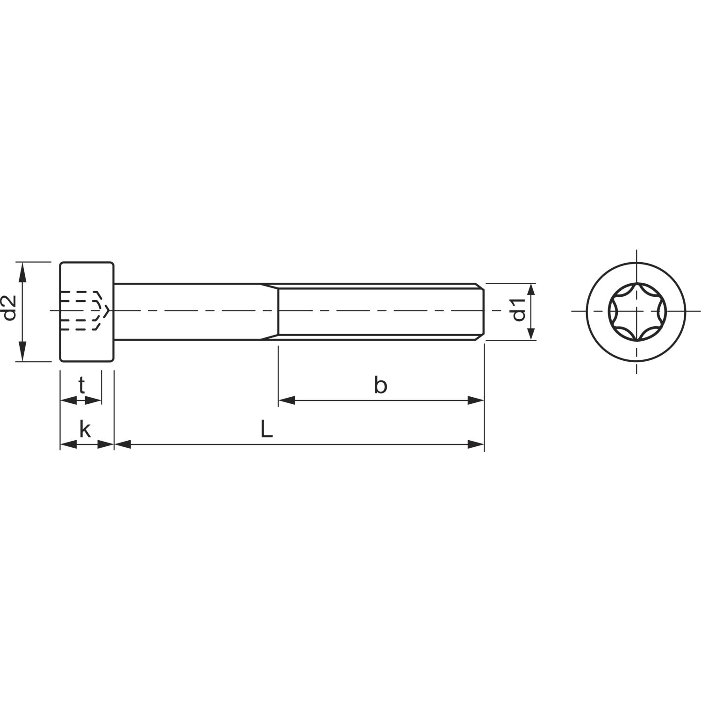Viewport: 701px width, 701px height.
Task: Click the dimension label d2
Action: click(10, 308)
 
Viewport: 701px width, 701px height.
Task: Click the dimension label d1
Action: click(519, 311)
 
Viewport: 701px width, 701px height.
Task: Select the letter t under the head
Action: click(81, 386)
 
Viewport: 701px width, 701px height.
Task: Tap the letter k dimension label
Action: click(85, 429)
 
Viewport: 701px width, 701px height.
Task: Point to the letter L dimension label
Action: click(266, 429)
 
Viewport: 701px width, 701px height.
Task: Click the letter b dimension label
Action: click(380, 386)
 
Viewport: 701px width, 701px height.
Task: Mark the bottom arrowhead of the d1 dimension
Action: click(531, 332)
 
